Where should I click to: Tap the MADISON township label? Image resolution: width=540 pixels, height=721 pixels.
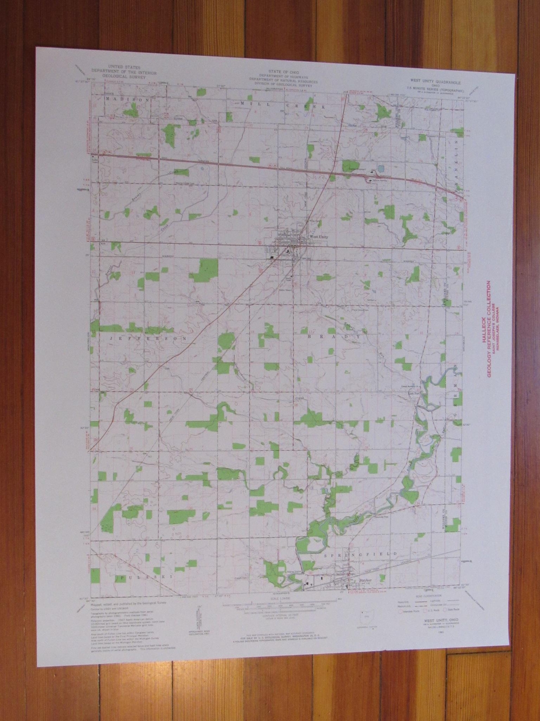(127, 99)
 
